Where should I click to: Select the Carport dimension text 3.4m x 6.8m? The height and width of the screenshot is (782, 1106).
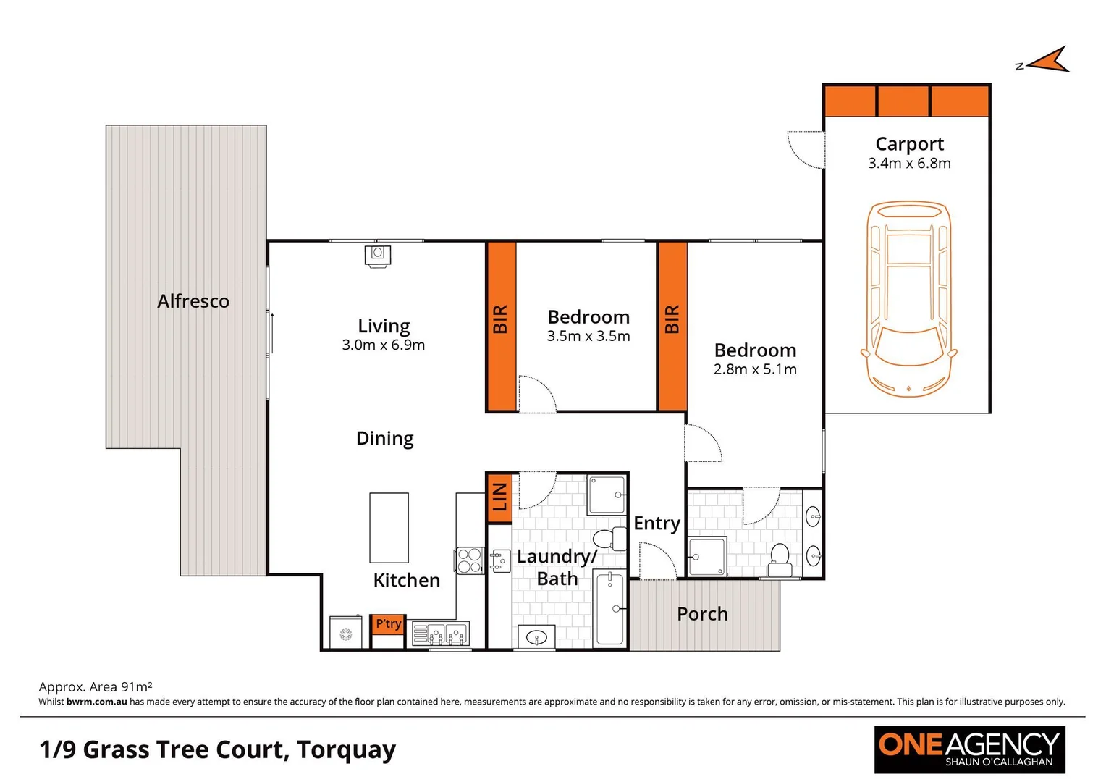(x=909, y=164)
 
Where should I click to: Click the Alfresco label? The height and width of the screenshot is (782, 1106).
(x=193, y=301)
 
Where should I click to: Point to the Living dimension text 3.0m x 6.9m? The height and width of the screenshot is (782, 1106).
(x=383, y=345)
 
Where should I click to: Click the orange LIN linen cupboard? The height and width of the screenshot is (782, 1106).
(x=499, y=497)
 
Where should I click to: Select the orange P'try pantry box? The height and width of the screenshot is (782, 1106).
(x=388, y=624)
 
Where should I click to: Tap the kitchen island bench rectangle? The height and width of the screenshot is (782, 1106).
(x=389, y=528)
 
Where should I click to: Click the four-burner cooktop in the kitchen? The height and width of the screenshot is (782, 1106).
(x=469, y=560)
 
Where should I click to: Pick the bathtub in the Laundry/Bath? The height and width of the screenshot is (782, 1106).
(x=609, y=608)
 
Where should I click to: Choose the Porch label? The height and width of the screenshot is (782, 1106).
(x=702, y=614)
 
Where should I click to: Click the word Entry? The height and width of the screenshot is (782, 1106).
(x=657, y=523)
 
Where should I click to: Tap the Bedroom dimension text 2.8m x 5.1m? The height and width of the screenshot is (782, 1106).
(x=755, y=369)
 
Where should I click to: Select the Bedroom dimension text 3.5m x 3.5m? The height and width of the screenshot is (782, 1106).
(x=588, y=336)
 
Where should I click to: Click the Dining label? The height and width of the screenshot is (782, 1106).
(x=384, y=439)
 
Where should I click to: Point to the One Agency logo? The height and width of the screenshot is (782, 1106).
(x=969, y=749)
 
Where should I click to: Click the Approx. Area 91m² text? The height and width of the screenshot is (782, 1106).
(x=96, y=686)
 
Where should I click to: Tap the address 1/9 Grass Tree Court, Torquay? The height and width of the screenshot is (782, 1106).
(x=218, y=749)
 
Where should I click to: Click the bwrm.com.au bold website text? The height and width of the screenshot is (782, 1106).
(x=96, y=702)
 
